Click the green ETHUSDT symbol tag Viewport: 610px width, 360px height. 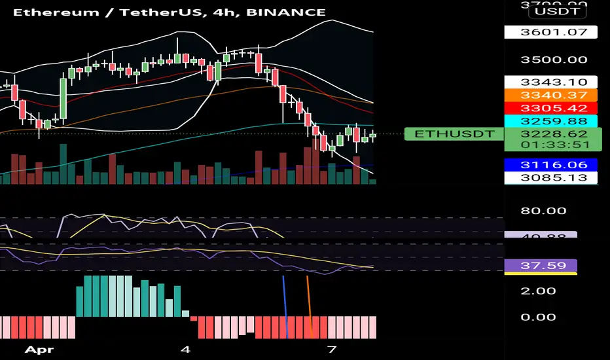click(454, 134)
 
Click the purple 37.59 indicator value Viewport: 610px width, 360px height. click(541, 266)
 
